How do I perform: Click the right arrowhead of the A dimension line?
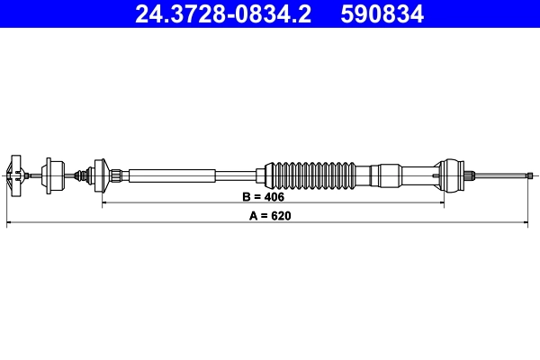[x=531, y=224]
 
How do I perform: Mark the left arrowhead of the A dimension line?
[x=10, y=224]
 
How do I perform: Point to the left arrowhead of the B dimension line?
[x=105, y=203]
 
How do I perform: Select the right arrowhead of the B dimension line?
[x=440, y=203]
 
